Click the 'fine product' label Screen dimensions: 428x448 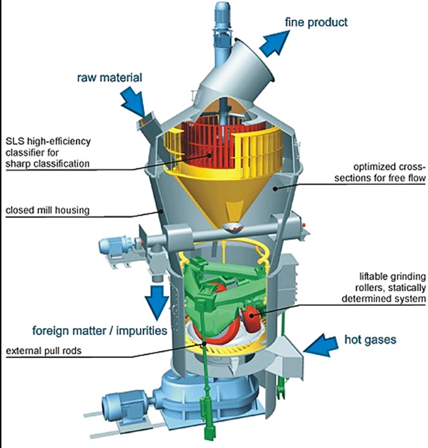click(316, 22)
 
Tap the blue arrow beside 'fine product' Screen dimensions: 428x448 click(274, 43)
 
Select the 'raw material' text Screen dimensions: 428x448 click(110, 77)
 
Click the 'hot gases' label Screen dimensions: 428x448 click(370, 340)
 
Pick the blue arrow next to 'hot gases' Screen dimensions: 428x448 click(320, 345)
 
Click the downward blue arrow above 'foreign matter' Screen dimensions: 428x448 click(157, 302)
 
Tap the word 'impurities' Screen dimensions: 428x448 click(142, 331)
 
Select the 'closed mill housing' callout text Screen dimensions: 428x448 click(48, 210)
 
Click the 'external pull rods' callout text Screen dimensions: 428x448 click(44, 350)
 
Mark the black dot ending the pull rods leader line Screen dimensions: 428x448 click(204, 343)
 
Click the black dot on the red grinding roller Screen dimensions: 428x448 click(252, 315)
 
